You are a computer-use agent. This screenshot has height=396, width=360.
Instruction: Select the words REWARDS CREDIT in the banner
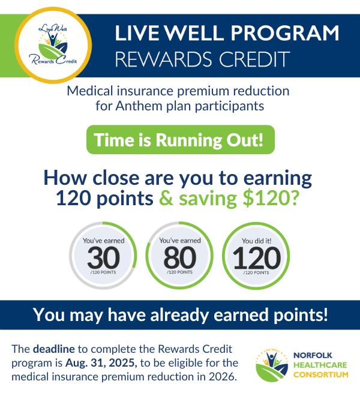(203, 59)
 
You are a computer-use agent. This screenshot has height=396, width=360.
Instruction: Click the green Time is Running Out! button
(181, 140)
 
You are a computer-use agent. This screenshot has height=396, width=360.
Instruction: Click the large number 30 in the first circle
(104, 258)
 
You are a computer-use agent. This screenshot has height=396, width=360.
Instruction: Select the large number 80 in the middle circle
(179, 258)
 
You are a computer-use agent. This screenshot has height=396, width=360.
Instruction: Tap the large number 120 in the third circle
(256, 258)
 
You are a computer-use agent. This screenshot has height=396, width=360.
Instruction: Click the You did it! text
(256, 241)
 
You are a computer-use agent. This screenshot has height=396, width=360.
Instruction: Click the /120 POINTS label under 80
(179, 273)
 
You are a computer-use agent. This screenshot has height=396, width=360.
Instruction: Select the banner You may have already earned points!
(180, 315)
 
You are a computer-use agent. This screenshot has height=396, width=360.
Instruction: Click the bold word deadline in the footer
(52, 349)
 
